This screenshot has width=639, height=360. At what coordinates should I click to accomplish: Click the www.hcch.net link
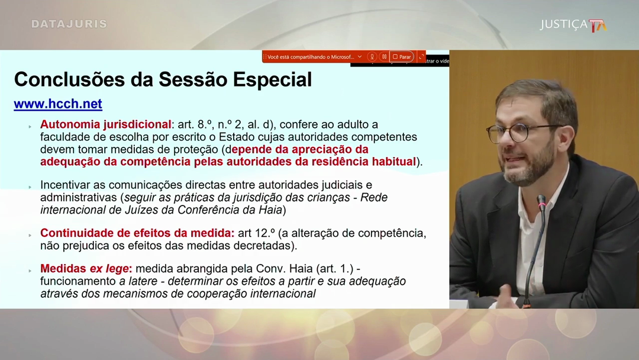58,104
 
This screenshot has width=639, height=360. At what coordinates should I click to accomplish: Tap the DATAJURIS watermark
69,24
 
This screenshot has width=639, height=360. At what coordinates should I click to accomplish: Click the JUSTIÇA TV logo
573,25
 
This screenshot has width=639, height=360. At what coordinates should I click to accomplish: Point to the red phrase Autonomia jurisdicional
105,124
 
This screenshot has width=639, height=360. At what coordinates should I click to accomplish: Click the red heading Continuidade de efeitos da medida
137,233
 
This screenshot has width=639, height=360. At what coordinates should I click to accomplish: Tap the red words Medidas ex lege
86,269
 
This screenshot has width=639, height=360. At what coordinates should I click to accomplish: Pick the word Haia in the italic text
270,210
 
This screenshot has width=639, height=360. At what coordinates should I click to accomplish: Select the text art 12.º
257,233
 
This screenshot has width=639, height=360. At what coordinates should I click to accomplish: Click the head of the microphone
541,202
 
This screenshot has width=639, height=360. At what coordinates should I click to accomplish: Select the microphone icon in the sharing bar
372,57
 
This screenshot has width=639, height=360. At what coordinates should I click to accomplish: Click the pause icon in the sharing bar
384,57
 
